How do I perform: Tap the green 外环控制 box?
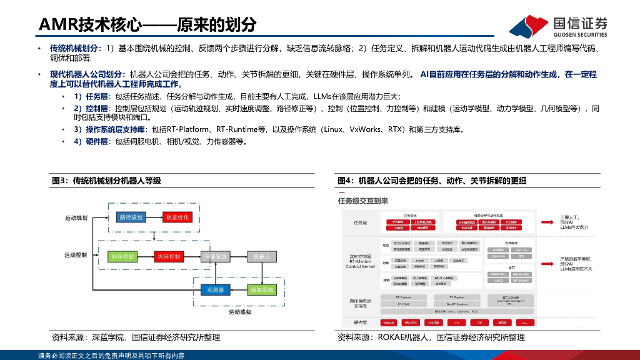click(122, 257)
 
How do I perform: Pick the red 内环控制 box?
click(168, 257)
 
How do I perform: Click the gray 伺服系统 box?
click(215, 257)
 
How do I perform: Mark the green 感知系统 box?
click(262, 290)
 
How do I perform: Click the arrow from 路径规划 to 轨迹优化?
click(154, 217)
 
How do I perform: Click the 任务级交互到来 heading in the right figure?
click(363, 201)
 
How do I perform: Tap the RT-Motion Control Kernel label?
click(360, 261)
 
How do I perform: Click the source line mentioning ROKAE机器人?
click(431, 337)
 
